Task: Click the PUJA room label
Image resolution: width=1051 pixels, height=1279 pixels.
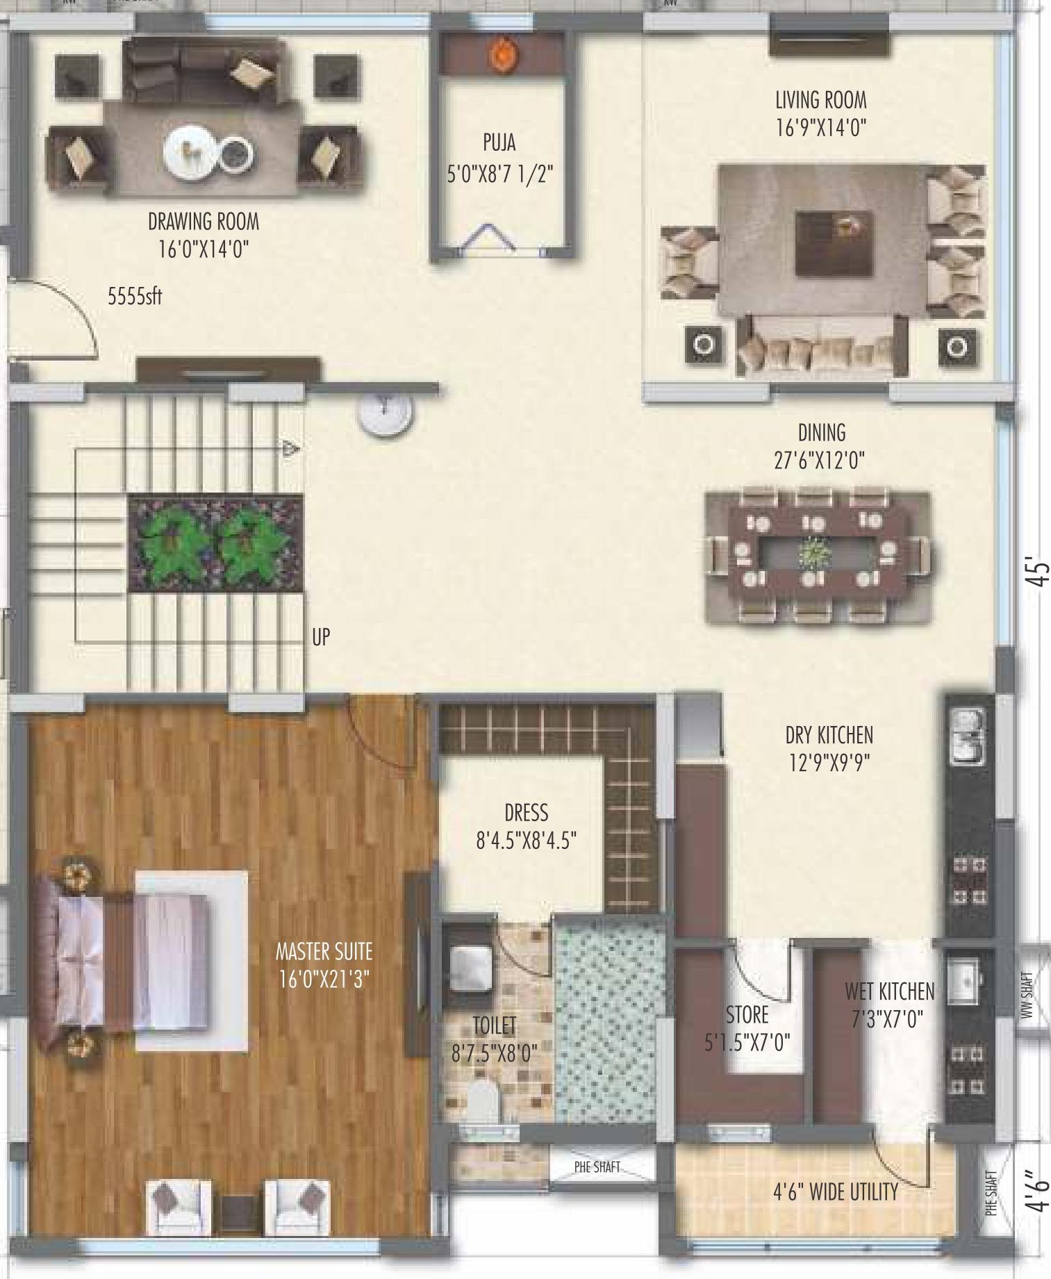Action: click(499, 143)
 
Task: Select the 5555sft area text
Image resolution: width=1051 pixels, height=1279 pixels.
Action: click(135, 297)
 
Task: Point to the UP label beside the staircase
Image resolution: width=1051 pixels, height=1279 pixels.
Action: click(321, 637)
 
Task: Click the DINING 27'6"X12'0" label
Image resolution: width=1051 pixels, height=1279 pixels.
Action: click(821, 446)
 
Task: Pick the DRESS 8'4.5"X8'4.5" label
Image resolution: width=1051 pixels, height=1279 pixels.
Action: click(527, 827)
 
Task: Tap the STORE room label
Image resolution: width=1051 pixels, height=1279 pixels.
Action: click(747, 1015)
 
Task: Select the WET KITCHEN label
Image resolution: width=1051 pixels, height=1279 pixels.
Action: click(889, 991)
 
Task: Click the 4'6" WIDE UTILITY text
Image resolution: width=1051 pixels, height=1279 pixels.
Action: click(836, 1192)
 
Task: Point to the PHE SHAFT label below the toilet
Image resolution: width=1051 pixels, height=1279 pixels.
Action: click(597, 1167)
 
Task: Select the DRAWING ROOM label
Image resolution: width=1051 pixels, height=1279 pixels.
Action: click(204, 222)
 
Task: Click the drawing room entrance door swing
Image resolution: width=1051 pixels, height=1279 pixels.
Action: click(59, 320)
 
